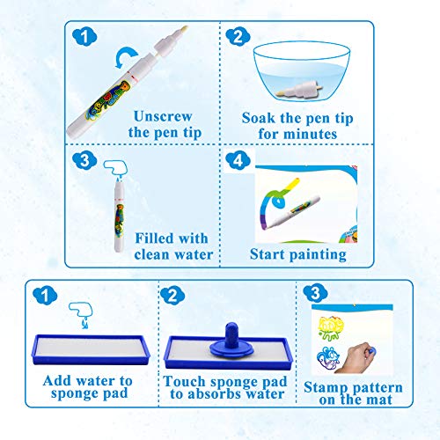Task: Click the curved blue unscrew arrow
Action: coord(125,55)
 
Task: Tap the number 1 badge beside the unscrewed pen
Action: coord(84,37)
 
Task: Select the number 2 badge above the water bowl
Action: coord(238,37)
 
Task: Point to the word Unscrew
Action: coord(163,116)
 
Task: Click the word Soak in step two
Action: coord(259,118)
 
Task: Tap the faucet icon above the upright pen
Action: coord(116,168)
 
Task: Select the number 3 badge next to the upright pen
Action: coord(84,161)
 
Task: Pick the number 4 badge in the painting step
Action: coord(238,160)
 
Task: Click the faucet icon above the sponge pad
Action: coord(81,313)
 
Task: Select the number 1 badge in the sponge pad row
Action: coord(45,296)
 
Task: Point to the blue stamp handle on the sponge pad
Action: coord(231,336)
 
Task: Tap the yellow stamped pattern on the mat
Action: coord(331,328)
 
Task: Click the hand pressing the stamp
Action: coord(356,357)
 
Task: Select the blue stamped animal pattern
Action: coord(328,358)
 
